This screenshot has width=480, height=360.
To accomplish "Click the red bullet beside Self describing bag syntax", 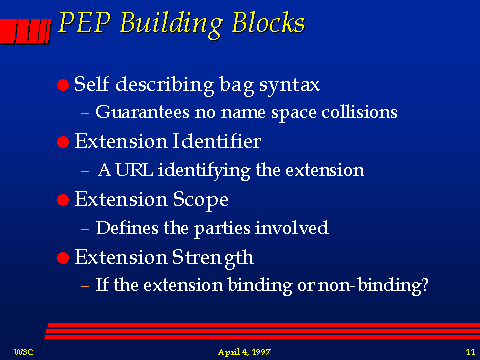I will click(64, 87).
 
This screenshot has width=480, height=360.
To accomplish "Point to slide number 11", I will click(468, 351).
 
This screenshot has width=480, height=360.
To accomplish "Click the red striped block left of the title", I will click(21, 29).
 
